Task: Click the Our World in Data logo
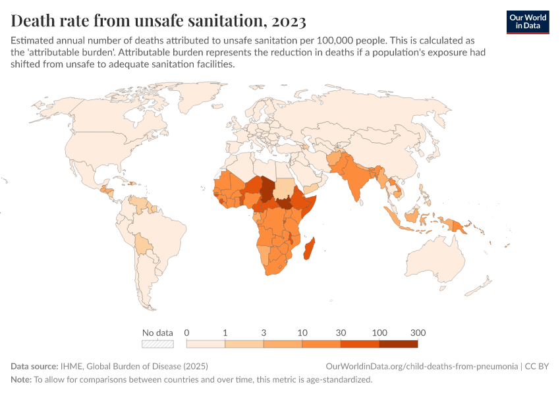(527, 22)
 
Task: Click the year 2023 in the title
(287, 22)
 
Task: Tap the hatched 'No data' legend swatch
(157, 343)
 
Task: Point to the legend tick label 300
(418, 332)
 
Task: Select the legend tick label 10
(302, 332)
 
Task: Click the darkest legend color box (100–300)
(399, 343)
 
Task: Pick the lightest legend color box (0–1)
(206, 343)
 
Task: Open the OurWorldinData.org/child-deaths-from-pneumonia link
(422, 366)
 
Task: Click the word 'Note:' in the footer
(21, 379)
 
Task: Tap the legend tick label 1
(225, 332)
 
